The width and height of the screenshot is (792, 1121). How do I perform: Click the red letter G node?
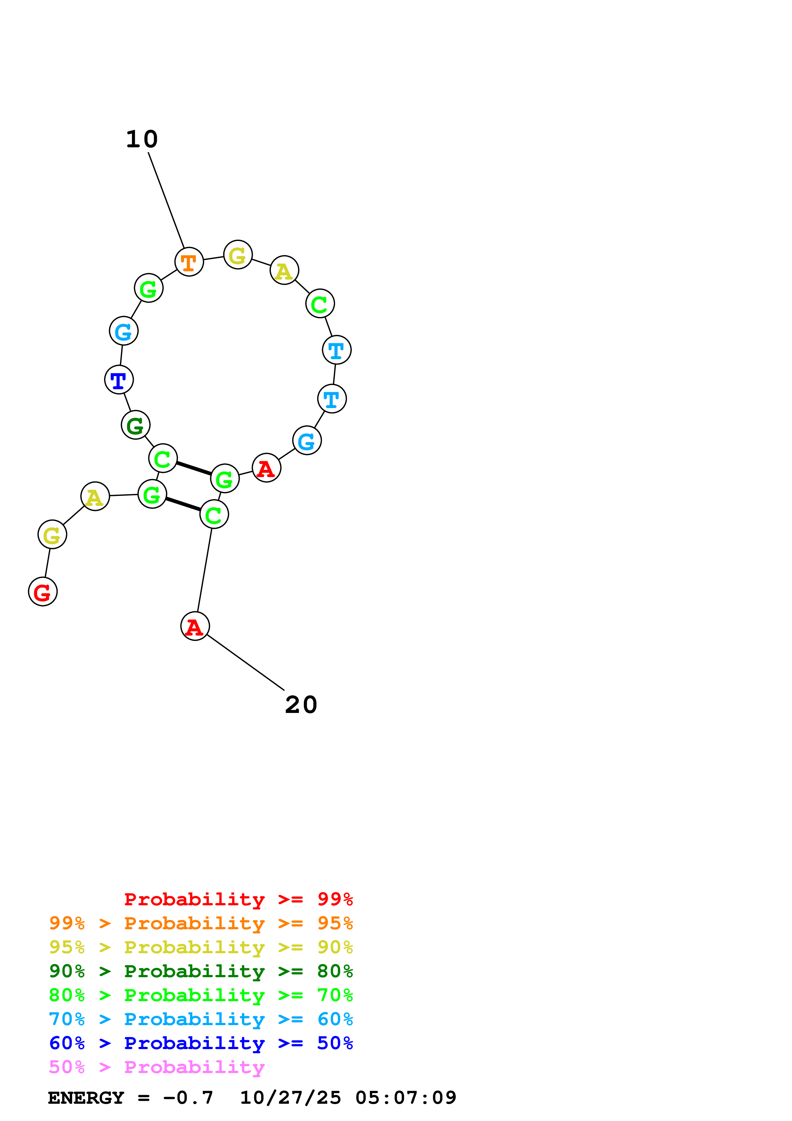(x=43, y=592)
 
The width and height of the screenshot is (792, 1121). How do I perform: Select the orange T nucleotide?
(x=189, y=262)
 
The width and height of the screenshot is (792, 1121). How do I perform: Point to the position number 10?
(x=142, y=140)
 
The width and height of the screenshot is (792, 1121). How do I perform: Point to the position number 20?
(x=301, y=705)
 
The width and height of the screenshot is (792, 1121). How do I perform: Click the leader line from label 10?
(x=166, y=201)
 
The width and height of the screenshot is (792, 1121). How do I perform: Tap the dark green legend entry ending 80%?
(x=201, y=971)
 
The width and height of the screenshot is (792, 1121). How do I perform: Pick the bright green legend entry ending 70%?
(x=201, y=995)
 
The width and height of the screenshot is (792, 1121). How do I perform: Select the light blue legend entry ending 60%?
(x=201, y=1019)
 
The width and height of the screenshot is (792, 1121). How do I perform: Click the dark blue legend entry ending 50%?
(x=201, y=1043)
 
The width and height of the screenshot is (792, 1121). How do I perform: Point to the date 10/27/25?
(x=290, y=1098)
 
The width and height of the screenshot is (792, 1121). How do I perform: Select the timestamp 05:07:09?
(x=406, y=1098)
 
